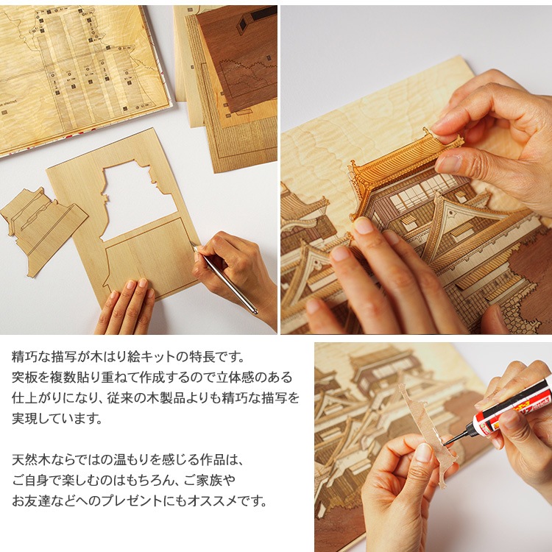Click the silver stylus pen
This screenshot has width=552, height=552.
pyautogui.click(x=225, y=279)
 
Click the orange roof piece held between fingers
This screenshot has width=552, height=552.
pyautogui.click(x=405, y=166)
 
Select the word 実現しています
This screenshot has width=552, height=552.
pyautogui.click(x=57, y=418)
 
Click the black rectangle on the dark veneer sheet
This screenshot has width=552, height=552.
pyautogui.click(x=262, y=13)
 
